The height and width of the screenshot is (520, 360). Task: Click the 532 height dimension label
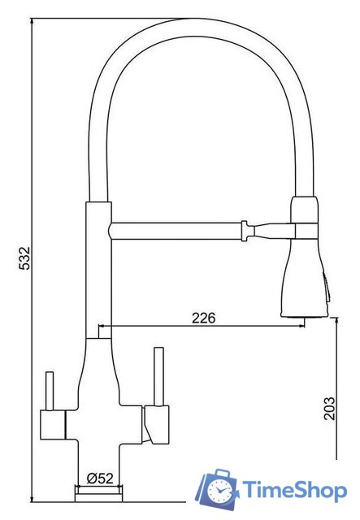coord(25,258)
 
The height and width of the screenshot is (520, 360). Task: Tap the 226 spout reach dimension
coord(204,318)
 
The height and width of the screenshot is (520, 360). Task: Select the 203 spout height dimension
coord(329,409)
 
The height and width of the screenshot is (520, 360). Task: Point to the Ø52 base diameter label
coord(100,479)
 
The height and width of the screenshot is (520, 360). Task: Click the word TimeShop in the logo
coord(295,490)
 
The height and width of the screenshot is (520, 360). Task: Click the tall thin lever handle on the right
coord(159,376)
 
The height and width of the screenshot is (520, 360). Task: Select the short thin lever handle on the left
coord(50,392)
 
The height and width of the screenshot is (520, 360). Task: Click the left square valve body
coord(53,425)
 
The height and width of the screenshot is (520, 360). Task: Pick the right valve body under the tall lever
coord(156,425)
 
